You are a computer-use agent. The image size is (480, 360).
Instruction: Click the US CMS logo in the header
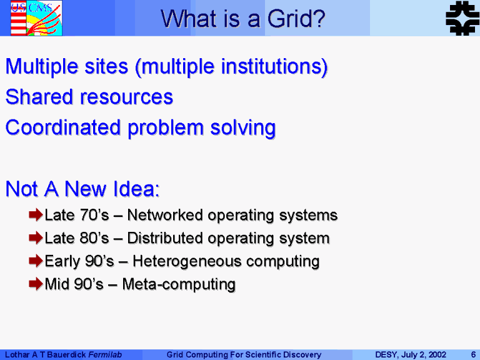(x=36, y=18)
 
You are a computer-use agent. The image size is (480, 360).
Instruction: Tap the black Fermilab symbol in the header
(x=462, y=18)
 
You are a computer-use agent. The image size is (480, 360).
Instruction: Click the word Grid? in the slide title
(x=296, y=19)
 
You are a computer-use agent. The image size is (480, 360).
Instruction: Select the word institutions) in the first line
(x=274, y=67)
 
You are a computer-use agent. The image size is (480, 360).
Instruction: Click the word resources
(x=126, y=97)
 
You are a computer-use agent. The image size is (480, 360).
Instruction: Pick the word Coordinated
(x=62, y=127)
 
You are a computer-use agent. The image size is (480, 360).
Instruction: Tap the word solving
(x=242, y=128)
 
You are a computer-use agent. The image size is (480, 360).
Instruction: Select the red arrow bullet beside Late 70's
(x=36, y=214)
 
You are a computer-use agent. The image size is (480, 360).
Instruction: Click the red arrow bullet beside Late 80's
(x=36, y=237)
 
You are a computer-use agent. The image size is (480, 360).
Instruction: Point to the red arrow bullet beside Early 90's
(x=36, y=261)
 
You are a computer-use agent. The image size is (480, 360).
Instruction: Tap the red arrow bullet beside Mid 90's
(x=36, y=284)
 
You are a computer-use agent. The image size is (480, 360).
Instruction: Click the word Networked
(x=165, y=215)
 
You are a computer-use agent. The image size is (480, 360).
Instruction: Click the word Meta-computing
(x=179, y=284)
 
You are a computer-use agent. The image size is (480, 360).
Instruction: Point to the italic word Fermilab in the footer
(x=105, y=354)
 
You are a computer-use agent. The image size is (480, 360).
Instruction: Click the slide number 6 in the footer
(x=473, y=354)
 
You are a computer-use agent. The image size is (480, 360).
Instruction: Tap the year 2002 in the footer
(x=437, y=354)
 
